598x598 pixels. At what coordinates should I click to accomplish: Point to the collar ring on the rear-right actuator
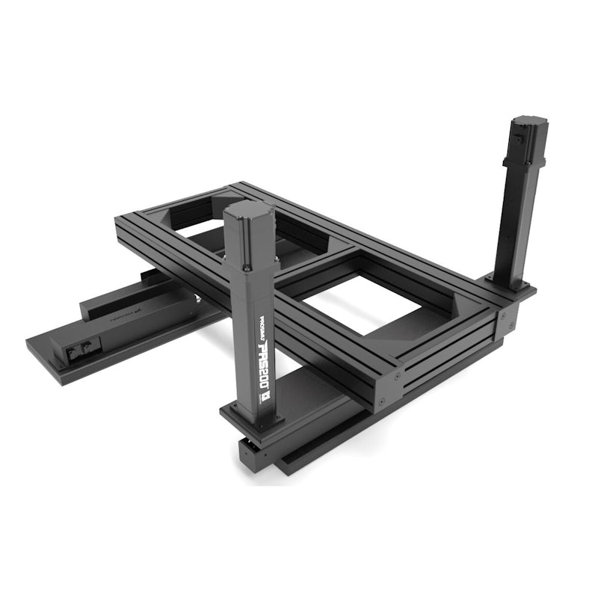[523, 160]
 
